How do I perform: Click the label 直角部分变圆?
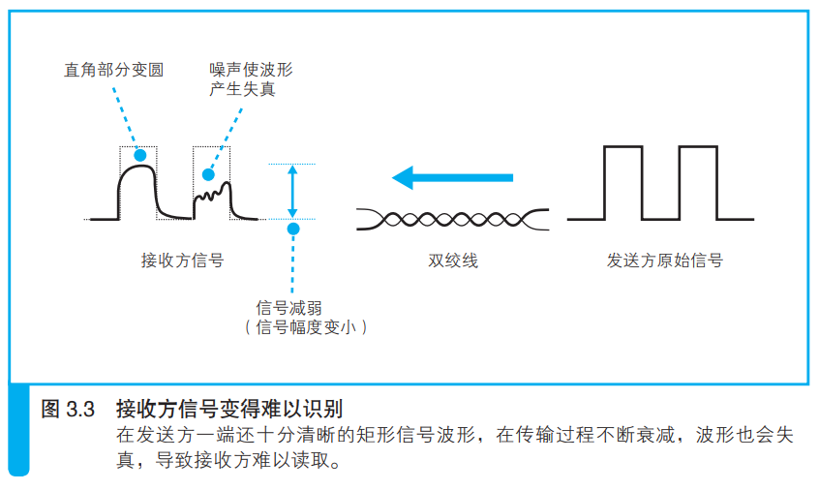tap(114, 70)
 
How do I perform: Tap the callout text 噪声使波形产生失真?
tap(251, 79)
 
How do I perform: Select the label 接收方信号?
tap(182, 261)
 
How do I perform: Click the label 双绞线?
tap(453, 261)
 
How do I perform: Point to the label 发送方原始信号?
tap(664, 261)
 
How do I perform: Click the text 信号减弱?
tap(288, 308)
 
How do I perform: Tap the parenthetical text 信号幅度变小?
tap(306, 327)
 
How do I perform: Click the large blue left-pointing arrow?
tap(452, 177)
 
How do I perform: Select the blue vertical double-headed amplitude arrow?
tap(292, 191)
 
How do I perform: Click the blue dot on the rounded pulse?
tap(140, 155)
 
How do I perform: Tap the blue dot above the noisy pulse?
tap(208, 174)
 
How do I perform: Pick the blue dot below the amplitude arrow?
tap(293, 229)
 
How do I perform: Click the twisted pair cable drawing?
tap(452, 220)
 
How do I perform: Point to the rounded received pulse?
tap(137, 167)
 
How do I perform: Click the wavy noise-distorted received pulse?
tap(213, 196)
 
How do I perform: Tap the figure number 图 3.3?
tap(68, 409)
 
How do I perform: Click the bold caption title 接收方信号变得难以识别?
tap(229, 409)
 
